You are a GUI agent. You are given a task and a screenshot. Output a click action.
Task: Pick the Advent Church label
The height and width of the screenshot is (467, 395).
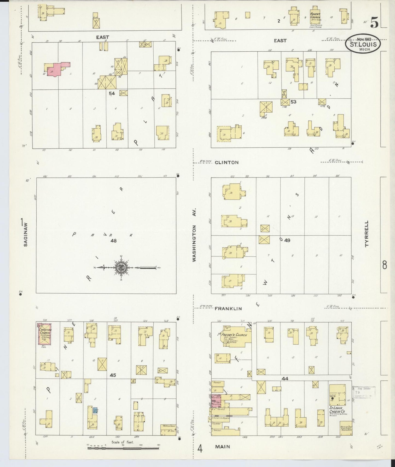point(315,16)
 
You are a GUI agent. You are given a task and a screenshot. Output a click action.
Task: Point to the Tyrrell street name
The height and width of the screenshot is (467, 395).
point(367,234)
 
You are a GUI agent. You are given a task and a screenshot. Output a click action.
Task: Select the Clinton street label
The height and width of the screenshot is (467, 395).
point(226,162)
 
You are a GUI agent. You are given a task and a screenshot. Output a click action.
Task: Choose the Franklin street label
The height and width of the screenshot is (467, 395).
point(228,309)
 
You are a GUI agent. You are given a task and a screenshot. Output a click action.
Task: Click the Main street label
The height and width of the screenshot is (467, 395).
point(222,447)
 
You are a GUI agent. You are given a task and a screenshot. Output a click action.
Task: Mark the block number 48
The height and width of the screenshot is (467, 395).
point(113,241)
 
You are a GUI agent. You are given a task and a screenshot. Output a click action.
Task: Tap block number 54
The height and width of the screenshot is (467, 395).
point(112,93)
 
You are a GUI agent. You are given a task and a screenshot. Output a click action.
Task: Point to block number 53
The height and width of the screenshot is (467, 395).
point(293,102)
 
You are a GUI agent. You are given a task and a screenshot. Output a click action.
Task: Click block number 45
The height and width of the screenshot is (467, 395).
point(113,375)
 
